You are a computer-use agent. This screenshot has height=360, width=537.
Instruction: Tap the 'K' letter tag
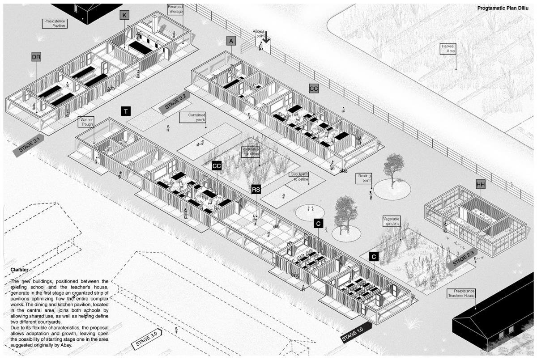(124, 16)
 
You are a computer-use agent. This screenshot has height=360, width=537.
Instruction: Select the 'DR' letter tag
(36, 57)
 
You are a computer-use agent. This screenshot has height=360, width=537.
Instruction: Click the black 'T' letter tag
(126, 111)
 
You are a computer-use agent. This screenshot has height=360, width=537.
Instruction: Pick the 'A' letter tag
(231, 41)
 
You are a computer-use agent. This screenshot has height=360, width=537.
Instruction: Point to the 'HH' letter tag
(481, 184)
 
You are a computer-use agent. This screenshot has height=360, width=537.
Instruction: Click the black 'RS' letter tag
(256, 189)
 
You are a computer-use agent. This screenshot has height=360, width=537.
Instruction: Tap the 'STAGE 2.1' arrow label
(29, 145)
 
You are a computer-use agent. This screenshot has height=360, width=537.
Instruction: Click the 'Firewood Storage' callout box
(175, 10)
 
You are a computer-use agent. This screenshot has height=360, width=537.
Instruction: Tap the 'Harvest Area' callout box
(448, 48)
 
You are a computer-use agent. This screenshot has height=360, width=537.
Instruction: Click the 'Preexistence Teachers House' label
(461, 293)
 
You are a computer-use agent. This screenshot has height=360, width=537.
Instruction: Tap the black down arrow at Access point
(266, 37)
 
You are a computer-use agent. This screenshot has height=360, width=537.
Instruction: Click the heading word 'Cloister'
(19, 270)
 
